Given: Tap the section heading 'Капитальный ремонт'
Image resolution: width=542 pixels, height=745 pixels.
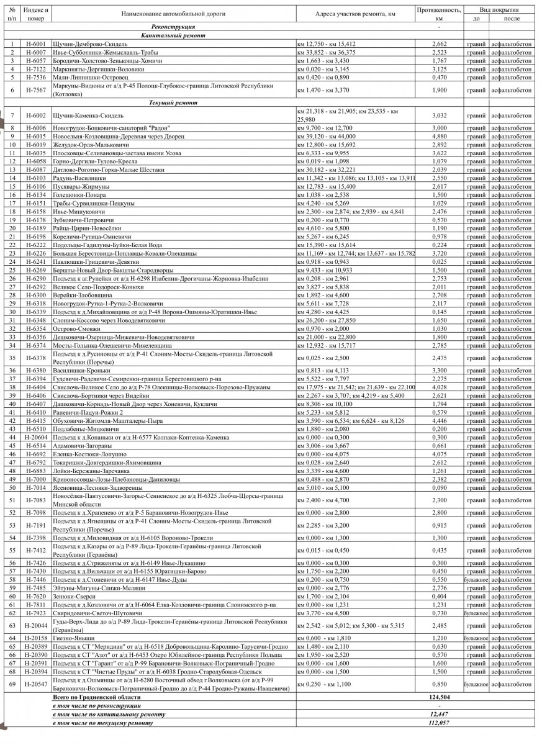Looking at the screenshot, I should click(x=173, y=36).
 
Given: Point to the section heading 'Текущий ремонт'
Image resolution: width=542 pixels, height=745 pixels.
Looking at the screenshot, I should click(x=173, y=102).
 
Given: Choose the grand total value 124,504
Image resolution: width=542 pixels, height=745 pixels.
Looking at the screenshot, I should click(x=439, y=697).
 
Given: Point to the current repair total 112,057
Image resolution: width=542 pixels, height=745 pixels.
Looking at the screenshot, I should click(x=439, y=723).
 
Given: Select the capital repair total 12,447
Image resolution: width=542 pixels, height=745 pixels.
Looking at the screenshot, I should click(x=439, y=715).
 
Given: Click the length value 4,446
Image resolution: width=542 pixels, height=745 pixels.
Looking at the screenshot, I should click(x=439, y=420).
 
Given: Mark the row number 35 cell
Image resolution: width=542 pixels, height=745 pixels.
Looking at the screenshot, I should click(x=12, y=358).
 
